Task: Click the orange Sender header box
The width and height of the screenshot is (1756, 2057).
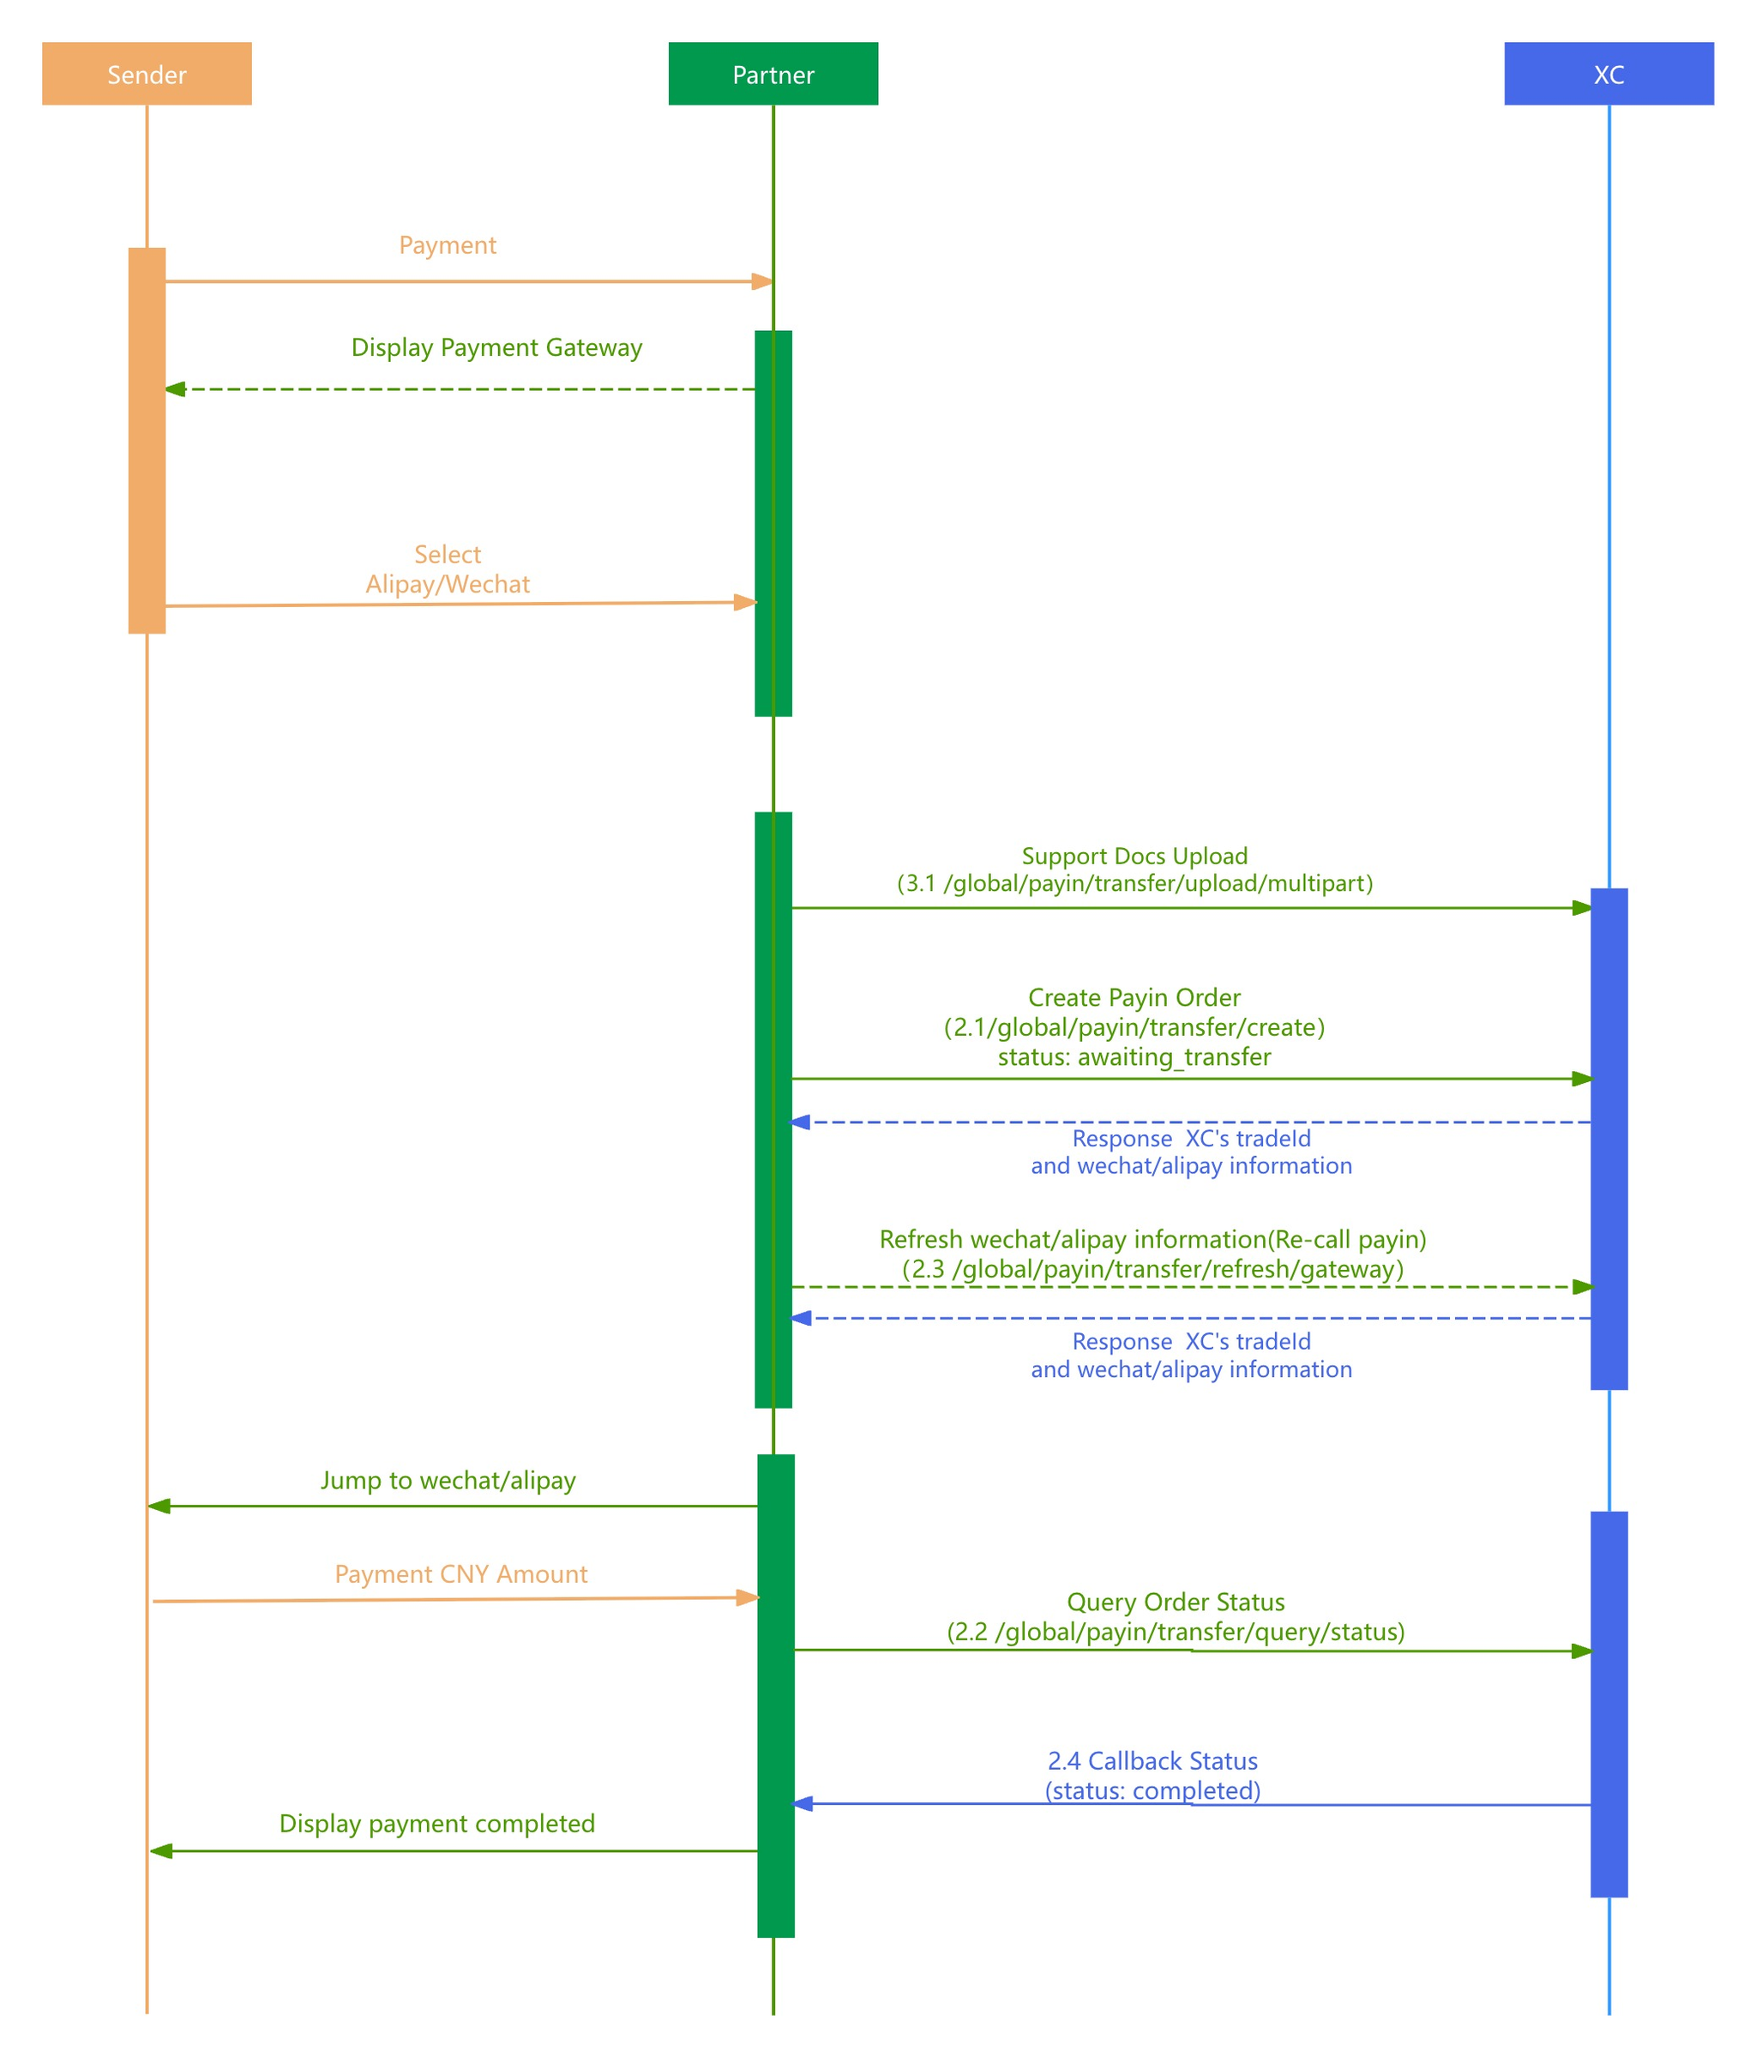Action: click(x=146, y=74)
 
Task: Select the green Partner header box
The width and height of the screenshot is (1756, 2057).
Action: click(x=773, y=74)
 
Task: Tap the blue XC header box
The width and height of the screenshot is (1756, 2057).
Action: click(x=1609, y=74)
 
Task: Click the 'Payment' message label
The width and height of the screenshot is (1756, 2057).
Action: click(x=447, y=245)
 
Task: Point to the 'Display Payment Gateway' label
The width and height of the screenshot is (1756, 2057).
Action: click(x=496, y=347)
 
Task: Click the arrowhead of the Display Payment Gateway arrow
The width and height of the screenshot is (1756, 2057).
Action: click(x=176, y=389)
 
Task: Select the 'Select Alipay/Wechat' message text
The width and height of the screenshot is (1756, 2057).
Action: click(x=447, y=568)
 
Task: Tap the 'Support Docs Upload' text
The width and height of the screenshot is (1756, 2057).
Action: click(x=1134, y=856)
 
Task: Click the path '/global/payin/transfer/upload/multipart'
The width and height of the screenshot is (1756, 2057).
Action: click(x=1157, y=883)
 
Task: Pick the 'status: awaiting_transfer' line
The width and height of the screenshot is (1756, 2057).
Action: click(x=1134, y=1056)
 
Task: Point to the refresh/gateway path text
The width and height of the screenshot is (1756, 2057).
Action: click(x=1152, y=1269)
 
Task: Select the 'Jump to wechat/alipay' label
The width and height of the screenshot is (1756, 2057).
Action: click(x=448, y=1480)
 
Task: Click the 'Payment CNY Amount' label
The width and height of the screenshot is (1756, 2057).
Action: click(x=460, y=1574)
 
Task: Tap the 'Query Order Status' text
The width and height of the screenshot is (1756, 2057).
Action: click(x=1176, y=1603)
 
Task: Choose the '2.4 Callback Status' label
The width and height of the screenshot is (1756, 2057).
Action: click(x=1152, y=1761)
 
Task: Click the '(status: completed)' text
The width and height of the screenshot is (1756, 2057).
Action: click(x=1152, y=1791)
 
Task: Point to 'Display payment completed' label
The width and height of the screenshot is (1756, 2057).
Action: click(x=436, y=1824)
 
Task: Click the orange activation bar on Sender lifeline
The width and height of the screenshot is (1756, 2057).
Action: click(x=146, y=440)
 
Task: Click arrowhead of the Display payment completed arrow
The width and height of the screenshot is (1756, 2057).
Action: click(x=161, y=1850)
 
